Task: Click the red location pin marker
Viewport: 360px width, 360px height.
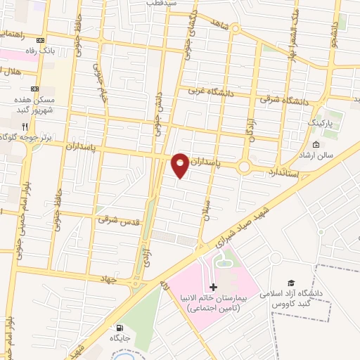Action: [181, 165]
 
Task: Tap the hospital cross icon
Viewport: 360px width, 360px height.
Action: [214, 287]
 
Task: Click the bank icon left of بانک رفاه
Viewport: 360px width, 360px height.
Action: [39, 40]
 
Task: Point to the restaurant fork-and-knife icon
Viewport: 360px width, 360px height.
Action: [24, 125]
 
